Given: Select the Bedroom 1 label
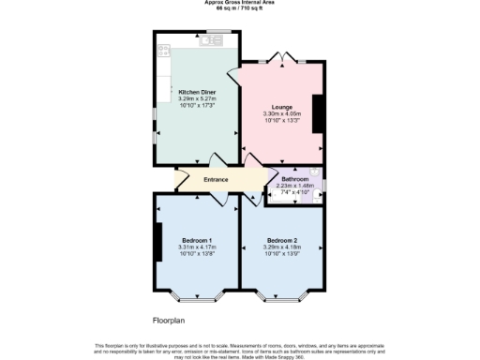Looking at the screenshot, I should pos(197,239).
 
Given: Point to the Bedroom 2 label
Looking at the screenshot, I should pos(281,239).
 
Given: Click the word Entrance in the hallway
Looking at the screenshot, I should pos(203,179).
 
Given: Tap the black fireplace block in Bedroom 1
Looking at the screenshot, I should pos(159,242).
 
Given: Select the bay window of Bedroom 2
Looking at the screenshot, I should pos(282,299).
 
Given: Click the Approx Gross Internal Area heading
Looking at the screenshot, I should pos(240,3).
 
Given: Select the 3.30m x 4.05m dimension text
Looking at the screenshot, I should pos(283,114).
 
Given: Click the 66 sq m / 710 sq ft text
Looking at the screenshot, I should pos(240,8).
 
